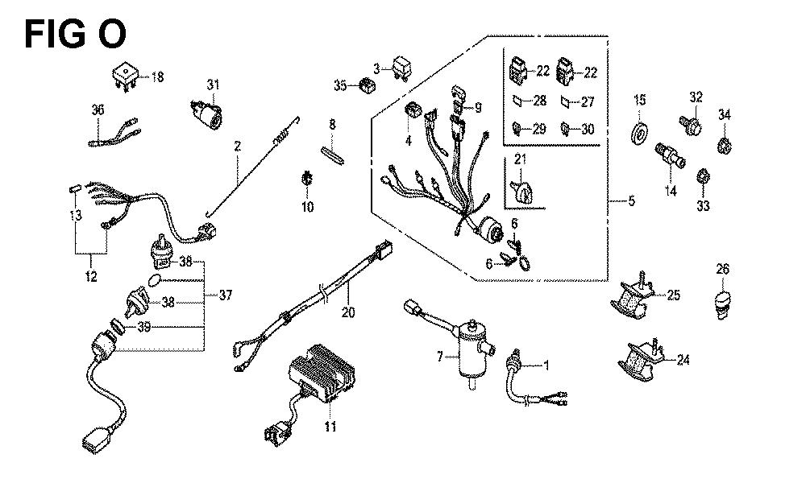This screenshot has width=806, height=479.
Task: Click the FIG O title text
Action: pos(74,35)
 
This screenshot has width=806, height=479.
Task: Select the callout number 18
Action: pos(156,77)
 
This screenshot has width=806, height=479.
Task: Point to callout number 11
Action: pos(329,426)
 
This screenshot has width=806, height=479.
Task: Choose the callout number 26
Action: pos(723,269)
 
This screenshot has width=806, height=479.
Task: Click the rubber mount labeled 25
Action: pos(633,295)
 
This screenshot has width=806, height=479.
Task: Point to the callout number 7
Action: pos(440,356)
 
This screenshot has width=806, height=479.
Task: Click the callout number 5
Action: pos(631,201)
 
